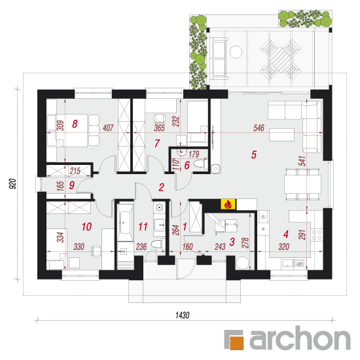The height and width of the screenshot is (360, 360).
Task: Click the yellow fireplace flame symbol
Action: pyautogui.click(x=228, y=204)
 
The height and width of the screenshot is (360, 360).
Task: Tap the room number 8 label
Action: pyautogui.click(x=75, y=124)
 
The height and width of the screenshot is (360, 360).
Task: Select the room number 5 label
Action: pyautogui.click(x=254, y=154)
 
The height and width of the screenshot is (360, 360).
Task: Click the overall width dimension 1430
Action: pyautogui.click(x=183, y=315)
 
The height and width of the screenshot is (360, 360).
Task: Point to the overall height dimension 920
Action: pyautogui.click(x=13, y=184)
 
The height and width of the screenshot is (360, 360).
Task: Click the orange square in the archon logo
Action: pyautogui.click(x=236, y=342)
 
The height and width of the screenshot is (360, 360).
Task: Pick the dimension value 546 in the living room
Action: pyautogui.click(x=259, y=128)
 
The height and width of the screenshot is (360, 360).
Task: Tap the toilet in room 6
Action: pyautogui.click(x=199, y=164)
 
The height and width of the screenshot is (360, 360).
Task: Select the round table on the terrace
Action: pyautogui.click(x=236, y=52)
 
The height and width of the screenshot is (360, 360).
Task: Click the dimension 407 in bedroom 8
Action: pyautogui.click(x=108, y=128)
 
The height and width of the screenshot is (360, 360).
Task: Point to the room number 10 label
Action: pyautogui.click(x=87, y=227)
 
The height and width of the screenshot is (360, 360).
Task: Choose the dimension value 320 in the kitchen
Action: pyautogui.click(x=284, y=247)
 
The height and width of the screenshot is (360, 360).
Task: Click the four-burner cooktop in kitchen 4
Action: pyautogui.click(x=317, y=235)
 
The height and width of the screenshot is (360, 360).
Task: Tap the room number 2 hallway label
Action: pyautogui.click(x=162, y=187)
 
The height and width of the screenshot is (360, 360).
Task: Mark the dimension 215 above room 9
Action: pyautogui.click(x=75, y=171)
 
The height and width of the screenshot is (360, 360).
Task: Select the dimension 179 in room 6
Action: pyautogui.click(x=194, y=154)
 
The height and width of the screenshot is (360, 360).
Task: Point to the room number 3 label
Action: pyautogui.click(x=232, y=242)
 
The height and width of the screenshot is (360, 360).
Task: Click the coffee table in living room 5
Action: pyautogui.click(x=281, y=135)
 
